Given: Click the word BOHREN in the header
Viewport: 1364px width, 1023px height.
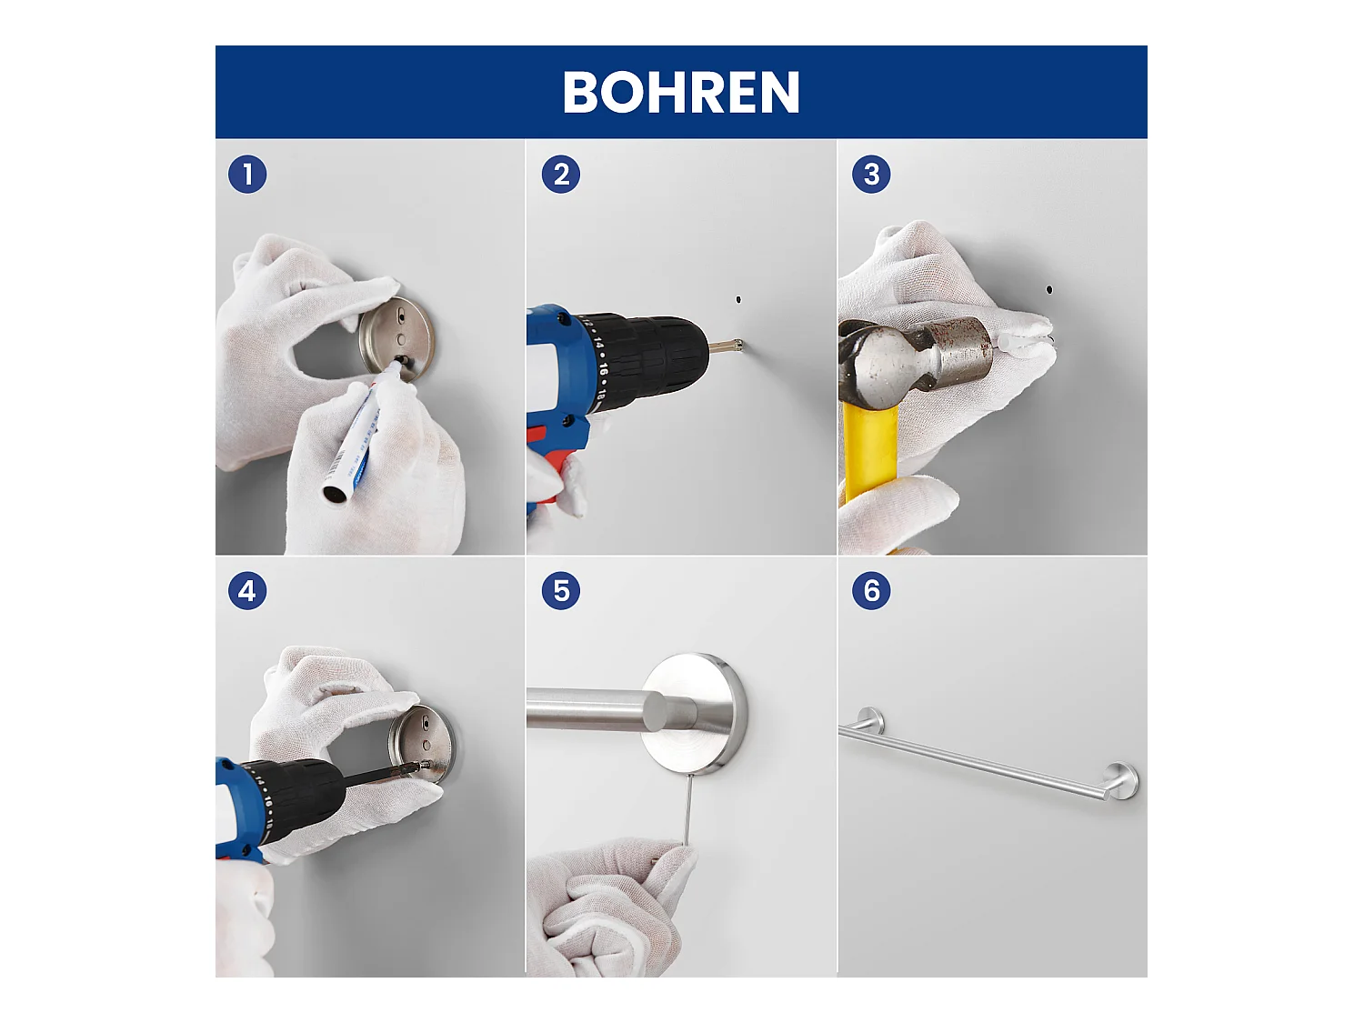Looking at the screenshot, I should click(x=681, y=93).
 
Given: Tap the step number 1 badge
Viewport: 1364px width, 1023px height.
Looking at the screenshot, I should click(x=247, y=174).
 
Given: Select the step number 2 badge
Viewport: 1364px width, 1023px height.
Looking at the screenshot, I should click(x=561, y=174).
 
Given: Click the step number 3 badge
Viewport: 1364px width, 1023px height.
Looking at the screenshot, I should click(x=871, y=174).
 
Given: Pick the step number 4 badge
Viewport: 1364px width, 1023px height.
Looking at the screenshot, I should click(x=247, y=591).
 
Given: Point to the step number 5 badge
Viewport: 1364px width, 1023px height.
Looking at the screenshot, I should click(x=561, y=591).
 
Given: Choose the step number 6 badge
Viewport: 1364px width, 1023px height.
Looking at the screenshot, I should click(x=871, y=591).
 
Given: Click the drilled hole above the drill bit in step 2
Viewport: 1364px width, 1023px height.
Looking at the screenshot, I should click(x=738, y=299).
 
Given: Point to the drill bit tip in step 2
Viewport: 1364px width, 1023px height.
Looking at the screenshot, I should click(x=738, y=345).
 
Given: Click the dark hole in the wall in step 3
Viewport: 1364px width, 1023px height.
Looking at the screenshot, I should click(x=1049, y=289).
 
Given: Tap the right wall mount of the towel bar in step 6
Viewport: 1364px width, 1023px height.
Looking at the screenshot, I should click(x=1122, y=779).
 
